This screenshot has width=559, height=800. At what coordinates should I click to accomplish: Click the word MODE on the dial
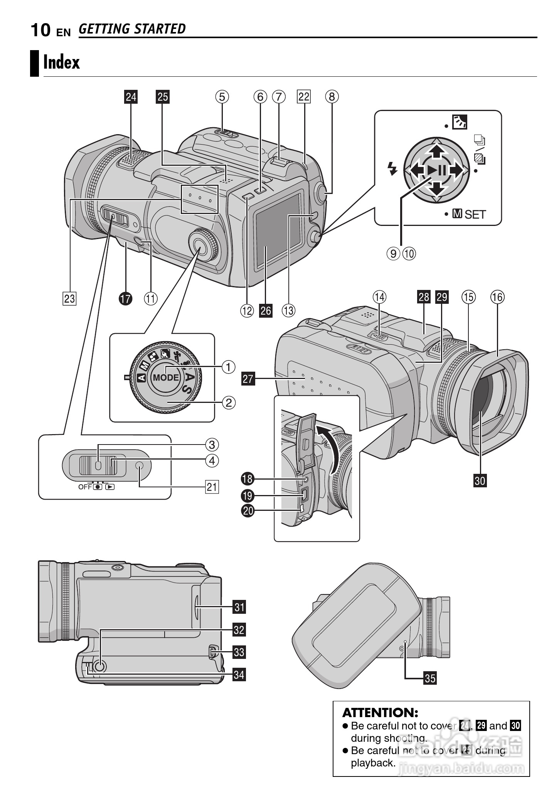click(166, 377)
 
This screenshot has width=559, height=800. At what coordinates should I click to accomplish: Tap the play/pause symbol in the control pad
click(436, 170)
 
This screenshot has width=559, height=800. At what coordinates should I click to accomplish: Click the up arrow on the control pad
click(436, 150)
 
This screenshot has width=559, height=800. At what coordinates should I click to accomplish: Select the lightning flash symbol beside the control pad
click(392, 168)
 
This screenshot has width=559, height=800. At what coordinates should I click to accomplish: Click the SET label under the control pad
click(475, 214)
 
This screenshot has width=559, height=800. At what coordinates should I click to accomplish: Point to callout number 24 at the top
click(131, 97)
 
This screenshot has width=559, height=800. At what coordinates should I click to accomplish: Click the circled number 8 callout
click(332, 96)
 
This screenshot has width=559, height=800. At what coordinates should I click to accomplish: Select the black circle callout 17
click(125, 298)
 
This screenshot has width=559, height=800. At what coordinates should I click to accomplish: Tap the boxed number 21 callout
click(212, 487)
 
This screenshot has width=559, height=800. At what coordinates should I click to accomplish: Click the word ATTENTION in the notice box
click(380, 712)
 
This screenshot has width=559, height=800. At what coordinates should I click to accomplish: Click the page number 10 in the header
click(40, 30)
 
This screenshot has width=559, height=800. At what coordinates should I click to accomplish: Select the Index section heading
click(62, 62)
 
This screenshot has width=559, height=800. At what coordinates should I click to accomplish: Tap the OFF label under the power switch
click(84, 487)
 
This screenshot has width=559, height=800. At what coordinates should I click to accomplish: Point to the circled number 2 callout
click(228, 403)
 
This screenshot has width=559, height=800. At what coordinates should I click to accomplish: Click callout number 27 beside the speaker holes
click(248, 379)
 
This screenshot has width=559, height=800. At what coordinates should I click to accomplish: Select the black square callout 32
click(239, 630)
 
